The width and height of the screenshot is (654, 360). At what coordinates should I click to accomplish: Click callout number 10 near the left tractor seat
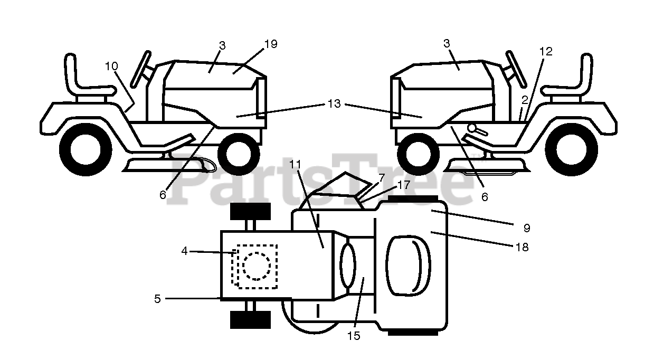point(111,67)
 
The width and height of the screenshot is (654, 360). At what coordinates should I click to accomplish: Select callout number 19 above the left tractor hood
point(271,44)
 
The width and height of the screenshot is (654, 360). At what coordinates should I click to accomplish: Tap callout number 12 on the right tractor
point(546,52)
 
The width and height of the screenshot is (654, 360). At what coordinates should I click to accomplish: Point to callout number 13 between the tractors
point(334,103)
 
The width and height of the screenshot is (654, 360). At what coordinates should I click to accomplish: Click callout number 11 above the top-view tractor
point(295,164)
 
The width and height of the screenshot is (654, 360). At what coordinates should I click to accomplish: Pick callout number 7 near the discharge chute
point(382,178)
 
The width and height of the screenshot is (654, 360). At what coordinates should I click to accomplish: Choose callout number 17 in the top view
point(404,185)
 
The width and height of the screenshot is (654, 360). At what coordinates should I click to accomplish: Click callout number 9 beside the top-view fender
point(527,228)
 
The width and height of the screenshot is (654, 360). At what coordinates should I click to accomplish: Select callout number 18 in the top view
point(522,247)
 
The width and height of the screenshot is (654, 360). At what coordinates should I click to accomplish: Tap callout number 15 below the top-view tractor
point(354,336)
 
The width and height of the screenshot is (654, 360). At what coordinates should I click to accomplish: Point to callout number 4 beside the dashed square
point(184,251)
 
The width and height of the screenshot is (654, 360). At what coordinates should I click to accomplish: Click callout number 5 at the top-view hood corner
point(157,299)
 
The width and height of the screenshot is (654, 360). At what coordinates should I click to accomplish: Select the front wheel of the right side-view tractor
point(418,155)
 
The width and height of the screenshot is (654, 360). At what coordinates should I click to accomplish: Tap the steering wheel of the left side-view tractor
point(141,69)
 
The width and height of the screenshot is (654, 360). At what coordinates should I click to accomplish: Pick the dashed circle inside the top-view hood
point(257,266)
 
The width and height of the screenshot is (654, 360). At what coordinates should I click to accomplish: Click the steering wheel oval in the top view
point(348,266)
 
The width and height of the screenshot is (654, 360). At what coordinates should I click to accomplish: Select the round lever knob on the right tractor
point(472,128)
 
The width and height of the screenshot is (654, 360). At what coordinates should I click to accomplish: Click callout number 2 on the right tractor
point(525,100)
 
